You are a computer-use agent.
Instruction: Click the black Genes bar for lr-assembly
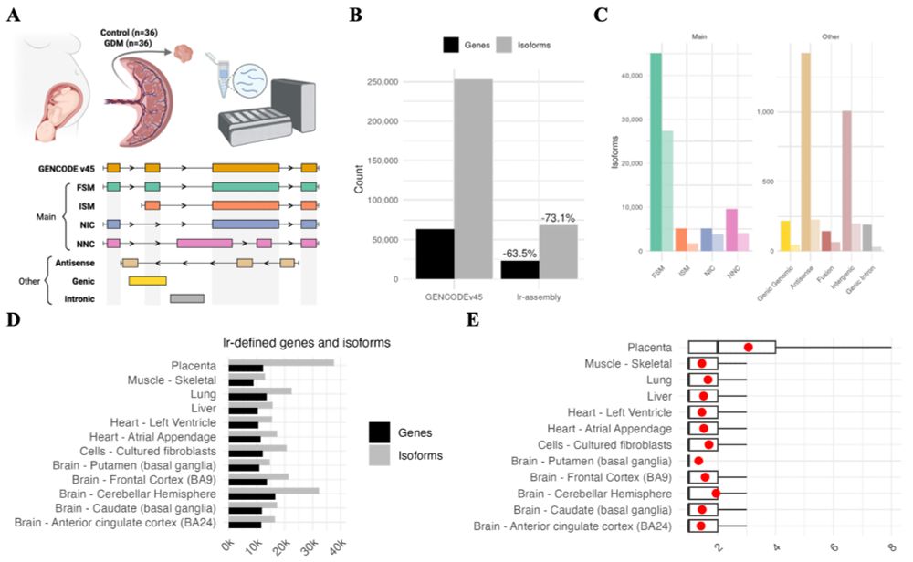point(519,269)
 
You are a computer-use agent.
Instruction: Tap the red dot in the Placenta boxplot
point(749,347)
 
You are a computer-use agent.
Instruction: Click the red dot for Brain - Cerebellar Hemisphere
point(717,494)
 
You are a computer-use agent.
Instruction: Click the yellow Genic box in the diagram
point(147,280)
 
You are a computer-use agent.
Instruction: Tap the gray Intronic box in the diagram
point(186,298)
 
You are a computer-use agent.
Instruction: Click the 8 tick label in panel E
point(891,545)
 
